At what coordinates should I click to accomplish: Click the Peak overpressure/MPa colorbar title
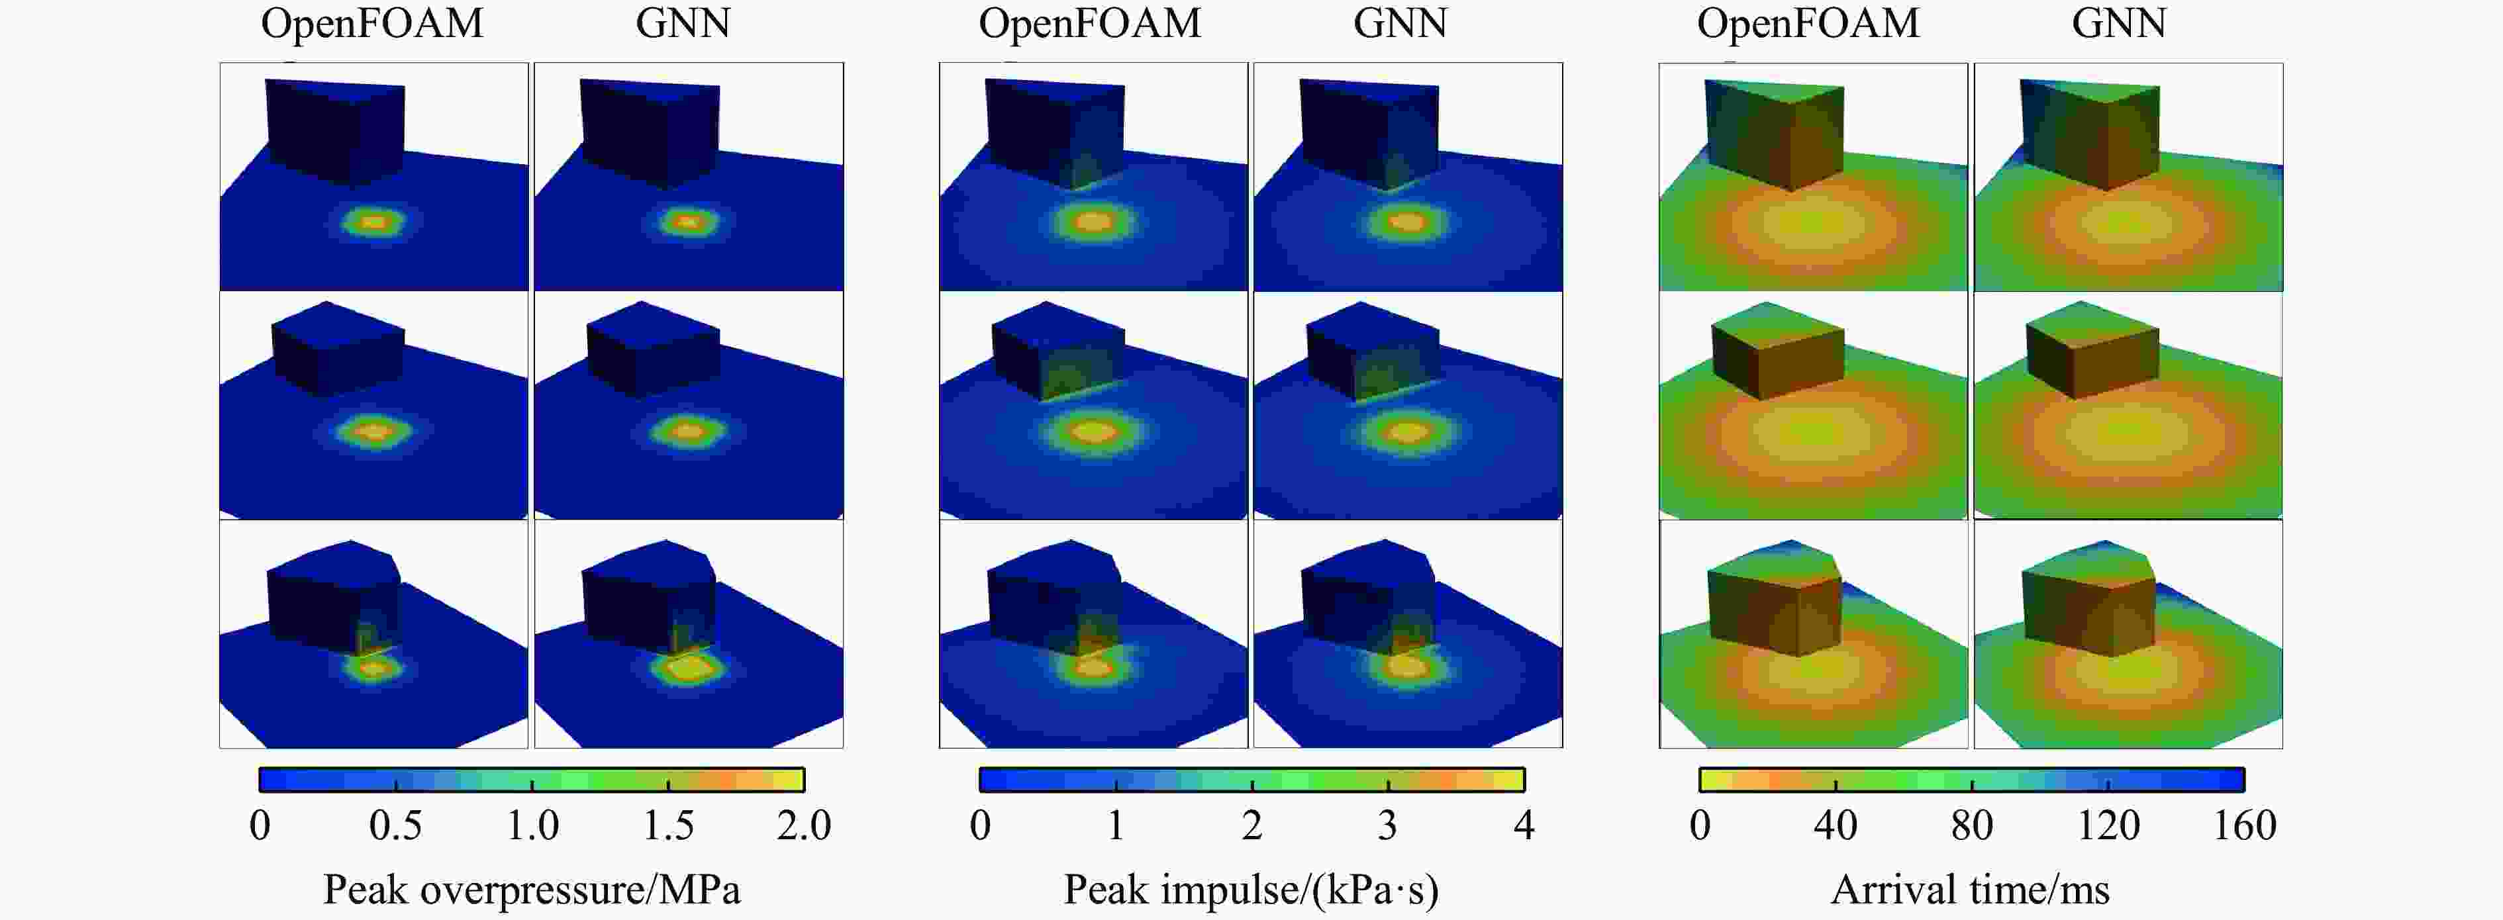(x=532, y=889)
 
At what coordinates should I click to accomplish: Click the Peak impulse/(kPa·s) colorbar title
(x=1251, y=889)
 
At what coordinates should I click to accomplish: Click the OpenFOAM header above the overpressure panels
(x=372, y=23)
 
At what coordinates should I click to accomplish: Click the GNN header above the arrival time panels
(x=2118, y=23)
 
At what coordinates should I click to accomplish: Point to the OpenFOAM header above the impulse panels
(x=1089, y=23)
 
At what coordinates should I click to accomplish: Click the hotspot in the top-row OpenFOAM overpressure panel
(x=375, y=222)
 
